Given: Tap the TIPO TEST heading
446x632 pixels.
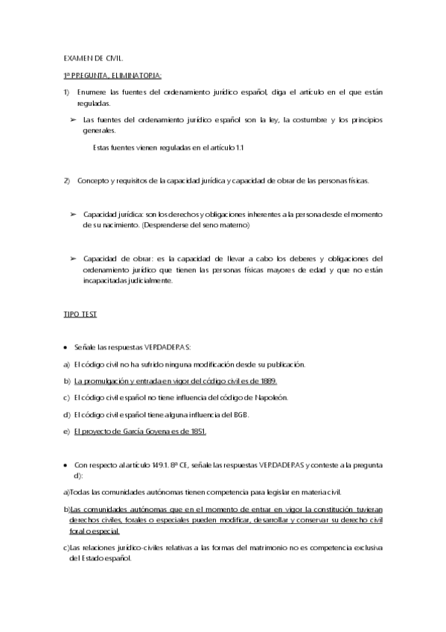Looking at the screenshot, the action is (x=78, y=315).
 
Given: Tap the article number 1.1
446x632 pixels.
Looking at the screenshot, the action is (x=240, y=148).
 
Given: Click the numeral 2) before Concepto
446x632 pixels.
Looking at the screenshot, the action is (x=67, y=181).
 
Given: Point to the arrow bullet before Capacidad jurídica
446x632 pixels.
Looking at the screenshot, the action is (x=74, y=214).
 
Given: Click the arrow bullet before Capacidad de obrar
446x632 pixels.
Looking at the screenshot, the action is (x=74, y=259).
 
